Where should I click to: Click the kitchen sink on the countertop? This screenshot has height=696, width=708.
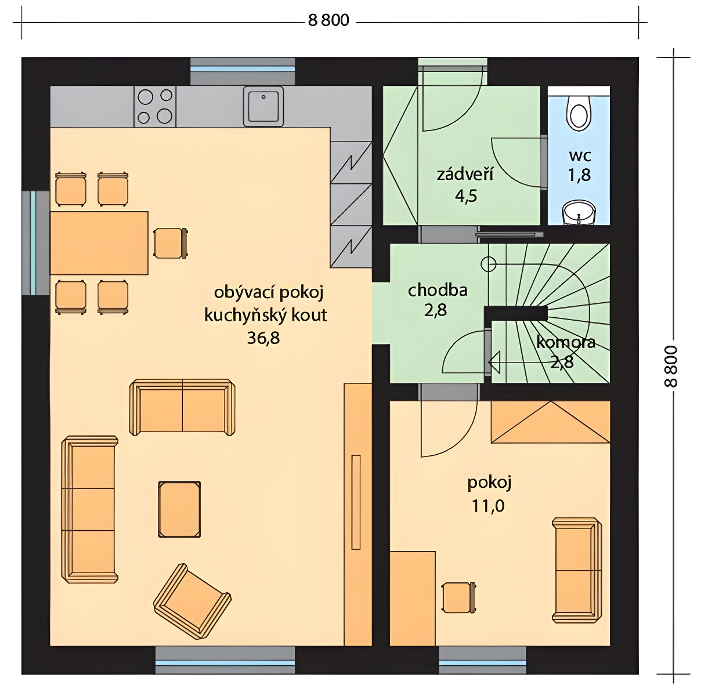pos(263,107)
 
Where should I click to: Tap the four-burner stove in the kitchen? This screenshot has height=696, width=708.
pos(155,107)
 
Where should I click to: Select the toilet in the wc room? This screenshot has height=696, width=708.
pos(579,112)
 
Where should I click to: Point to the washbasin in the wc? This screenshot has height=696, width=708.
pos(579,213)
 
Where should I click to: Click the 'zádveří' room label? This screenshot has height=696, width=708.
pos(465,174)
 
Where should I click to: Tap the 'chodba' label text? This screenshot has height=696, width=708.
pos(438,290)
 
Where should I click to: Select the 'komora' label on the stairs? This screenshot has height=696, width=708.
pos(565,342)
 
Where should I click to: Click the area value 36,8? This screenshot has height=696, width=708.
pos(263,338)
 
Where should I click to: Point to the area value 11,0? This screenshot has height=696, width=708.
pos(488,506)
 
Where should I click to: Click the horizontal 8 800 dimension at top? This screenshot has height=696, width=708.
pos(328,20)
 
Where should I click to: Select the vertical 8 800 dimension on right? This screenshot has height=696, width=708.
pos(670,366)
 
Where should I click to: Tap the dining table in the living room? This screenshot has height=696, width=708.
pos(99,243)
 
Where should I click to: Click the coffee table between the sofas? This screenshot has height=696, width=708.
pos(179,509)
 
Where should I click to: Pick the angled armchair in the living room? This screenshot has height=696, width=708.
pos(192,601)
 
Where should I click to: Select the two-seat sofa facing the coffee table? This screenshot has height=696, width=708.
pos(182,407)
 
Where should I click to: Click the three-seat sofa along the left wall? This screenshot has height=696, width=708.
pos(89,509)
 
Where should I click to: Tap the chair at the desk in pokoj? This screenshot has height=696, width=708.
pos(459,597)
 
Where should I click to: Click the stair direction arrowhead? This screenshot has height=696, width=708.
pos(494,362)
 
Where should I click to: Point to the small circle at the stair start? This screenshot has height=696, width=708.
pos(488,264)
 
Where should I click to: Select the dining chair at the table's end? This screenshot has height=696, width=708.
pos(171,243)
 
